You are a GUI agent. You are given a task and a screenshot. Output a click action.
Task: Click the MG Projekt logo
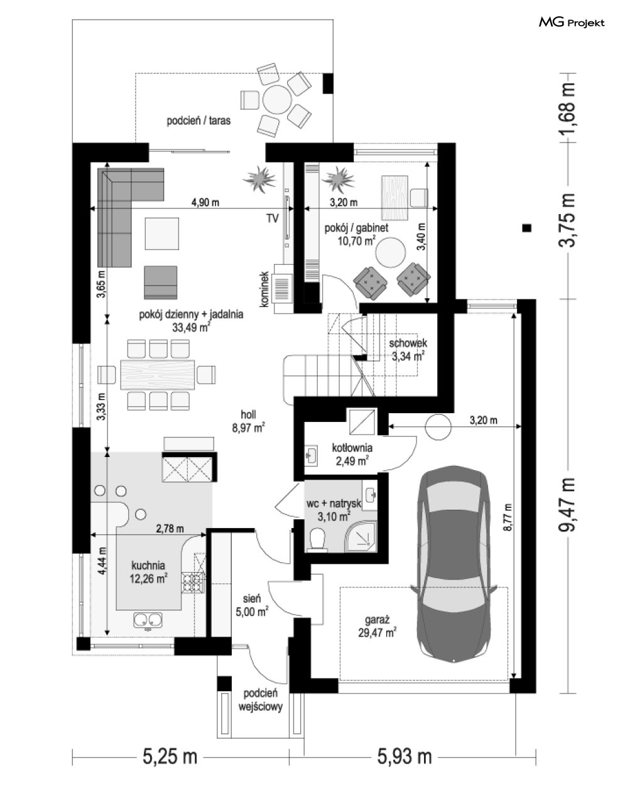[x=571, y=23]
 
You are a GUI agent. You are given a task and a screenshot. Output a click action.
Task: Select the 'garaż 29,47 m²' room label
[x=377, y=626]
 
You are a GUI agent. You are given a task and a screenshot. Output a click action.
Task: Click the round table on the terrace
[x=277, y=100]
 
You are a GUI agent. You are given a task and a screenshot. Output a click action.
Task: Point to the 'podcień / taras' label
[x=198, y=121]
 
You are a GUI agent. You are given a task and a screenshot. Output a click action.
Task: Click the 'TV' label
[x=272, y=218]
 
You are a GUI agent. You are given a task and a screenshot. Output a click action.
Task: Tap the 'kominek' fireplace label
[x=264, y=289]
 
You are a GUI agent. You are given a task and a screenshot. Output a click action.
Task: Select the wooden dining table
[x=157, y=375]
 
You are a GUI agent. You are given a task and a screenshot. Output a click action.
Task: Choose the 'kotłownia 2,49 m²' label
[x=352, y=455]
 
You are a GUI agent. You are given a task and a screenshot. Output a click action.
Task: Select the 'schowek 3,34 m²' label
[x=408, y=350]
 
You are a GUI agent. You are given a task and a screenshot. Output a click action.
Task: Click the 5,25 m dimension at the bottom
[x=170, y=756]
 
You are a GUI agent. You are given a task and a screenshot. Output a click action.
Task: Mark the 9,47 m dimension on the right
[x=567, y=504]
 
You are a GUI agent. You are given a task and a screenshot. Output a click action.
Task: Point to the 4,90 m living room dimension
[x=205, y=202]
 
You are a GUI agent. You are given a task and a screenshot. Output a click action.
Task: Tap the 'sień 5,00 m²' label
[x=252, y=605]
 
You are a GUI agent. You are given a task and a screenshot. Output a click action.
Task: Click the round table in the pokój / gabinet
[x=391, y=253]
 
